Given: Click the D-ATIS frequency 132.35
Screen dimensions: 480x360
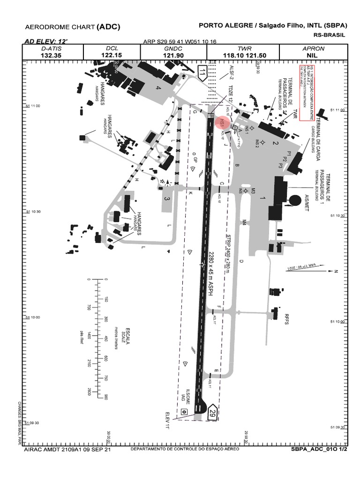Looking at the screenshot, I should pyautogui.click(x=51, y=55).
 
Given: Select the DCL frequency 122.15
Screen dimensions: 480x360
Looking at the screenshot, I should pyautogui.click(x=112, y=55).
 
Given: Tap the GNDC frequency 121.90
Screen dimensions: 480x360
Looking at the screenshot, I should pyautogui.click(x=173, y=55).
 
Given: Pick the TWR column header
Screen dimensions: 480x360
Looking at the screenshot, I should pyautogui.click(x=245, y=49).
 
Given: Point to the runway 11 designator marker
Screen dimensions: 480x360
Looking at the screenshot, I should pyautogui.click(x=202, y=73).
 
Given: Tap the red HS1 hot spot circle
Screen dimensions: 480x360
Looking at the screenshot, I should pyautogui.click(x=222, y=123).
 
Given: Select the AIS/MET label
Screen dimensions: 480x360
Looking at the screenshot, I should pyautogui.click(x=307, y=202).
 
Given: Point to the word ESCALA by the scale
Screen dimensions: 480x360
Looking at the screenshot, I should pyautogui.click(x=127, y=336).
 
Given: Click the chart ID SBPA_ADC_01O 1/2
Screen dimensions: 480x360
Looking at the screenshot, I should pyautogui.click(x=319, y=449).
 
